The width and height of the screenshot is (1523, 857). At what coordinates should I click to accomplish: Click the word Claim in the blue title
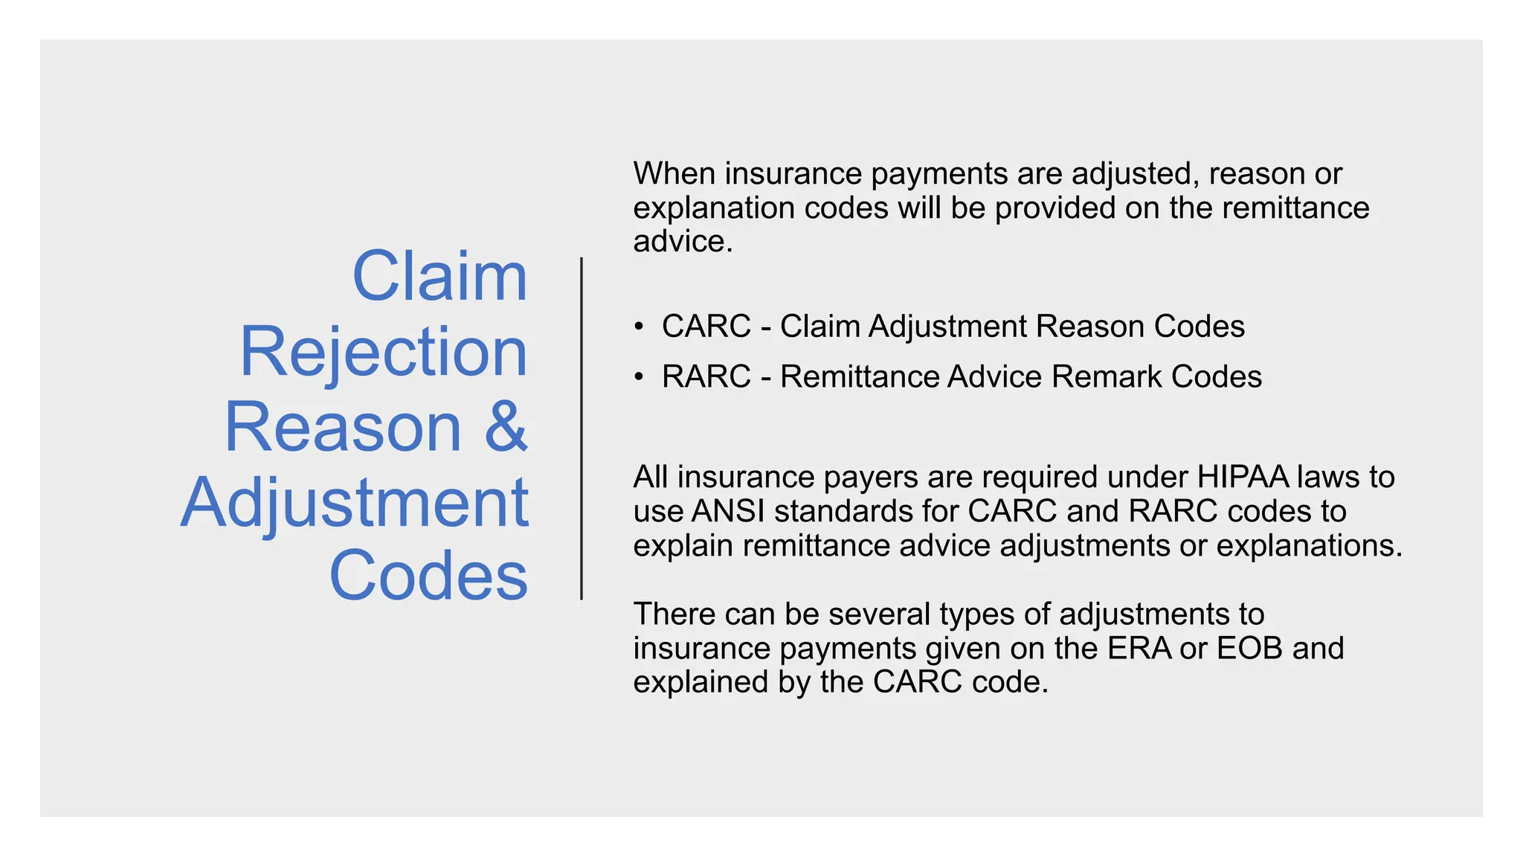pyautogui.click(x=439, y=277)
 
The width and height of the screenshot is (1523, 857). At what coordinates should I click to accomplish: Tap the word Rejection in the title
pyautogui.click(x=383, y=352)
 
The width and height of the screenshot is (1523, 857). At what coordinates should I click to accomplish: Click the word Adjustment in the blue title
pyautogui.click(x=355, y=503)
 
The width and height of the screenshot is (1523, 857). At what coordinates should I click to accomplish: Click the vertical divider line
pyautogui.click(x=582, y=428)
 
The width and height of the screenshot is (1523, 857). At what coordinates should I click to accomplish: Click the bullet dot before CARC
pyautogui.click(x=638, y=327)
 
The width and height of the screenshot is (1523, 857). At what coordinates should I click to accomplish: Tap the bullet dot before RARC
pyautogui.click(x=638, y=377)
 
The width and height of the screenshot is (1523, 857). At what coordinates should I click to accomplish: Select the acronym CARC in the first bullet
pyautogui.click(x=706, y=327)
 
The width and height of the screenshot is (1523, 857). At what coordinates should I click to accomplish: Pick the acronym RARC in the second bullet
pyautogui.click(x=706, y=377)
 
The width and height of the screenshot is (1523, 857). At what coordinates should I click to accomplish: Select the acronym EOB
pyautogui.click(x=1249, y=649)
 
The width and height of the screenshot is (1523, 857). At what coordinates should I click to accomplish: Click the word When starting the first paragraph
pyautogui.click(x=674, y=174)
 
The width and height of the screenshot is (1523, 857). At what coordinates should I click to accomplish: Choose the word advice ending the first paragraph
pyautogui.click(x=682, y=242)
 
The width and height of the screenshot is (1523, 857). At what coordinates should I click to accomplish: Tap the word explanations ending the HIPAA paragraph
pyautogui.click(x=1308, y=546)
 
